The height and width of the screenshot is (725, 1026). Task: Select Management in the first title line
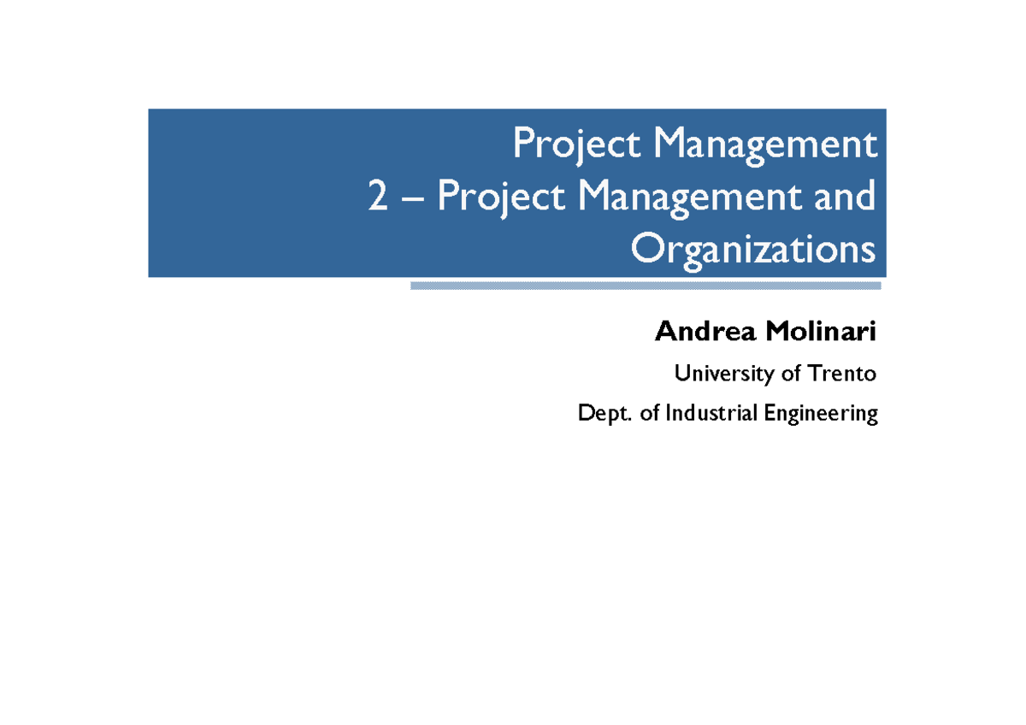coord(765,145)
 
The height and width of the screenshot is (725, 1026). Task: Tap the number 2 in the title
coord(377,198)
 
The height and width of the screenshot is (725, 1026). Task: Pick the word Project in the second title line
coord(502,198)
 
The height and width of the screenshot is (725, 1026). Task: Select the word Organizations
coord(753,251)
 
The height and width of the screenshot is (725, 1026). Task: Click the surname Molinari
coord(821,332)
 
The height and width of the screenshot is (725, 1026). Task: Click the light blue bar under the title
coord(646,286)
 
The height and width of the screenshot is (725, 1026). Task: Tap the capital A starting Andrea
coord(664,332)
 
